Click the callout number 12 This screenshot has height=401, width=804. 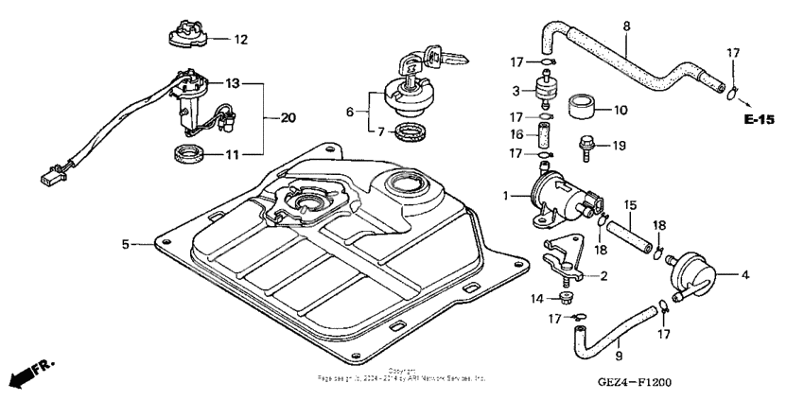[x=240, y=40]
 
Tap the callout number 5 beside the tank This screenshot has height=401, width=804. [x=125, y=244]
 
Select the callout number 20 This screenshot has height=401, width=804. [x=288, y=117]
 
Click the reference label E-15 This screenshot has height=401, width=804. [x=759, y=120]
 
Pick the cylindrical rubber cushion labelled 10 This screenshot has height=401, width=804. [x=585, y=108]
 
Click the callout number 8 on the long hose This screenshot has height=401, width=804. [x=625, y=27]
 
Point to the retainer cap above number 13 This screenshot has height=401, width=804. [x=189, y=35]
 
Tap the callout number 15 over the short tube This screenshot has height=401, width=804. [x=631, y=204]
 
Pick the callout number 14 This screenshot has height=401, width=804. [x=537, y=298]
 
